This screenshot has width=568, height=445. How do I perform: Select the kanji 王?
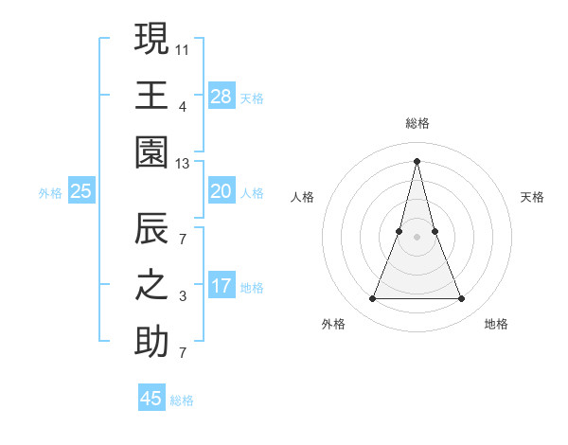(x=151, y=95)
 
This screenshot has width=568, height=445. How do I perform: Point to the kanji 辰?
(x=151, y=229)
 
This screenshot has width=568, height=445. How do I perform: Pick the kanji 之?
(x=151, y=287)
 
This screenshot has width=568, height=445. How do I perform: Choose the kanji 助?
(x=151, y=344)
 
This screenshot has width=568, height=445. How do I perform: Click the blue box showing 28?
(x=221, y=96)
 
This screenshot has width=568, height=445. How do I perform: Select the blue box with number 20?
(x=221, y=191)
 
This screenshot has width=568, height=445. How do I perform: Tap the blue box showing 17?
(x=221, y=287)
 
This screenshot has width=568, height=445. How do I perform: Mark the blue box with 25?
(x=81, y=191)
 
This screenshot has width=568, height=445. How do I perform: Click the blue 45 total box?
(x=151, y=399)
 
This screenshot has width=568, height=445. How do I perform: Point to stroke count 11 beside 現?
(x=183, y=48)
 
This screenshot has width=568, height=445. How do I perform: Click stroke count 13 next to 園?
(x=183, y=164)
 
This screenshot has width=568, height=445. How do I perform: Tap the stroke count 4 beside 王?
(x=183, y=106)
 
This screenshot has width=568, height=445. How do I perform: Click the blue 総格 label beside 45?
(x=182, y=400)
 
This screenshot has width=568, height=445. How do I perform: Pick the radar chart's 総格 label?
(x=417, y=123)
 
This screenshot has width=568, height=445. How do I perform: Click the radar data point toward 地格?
(x=462, y=299)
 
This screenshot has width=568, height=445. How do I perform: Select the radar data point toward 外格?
(x=372, y=299)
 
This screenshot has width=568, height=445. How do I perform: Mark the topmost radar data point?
(x=417, y=160)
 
